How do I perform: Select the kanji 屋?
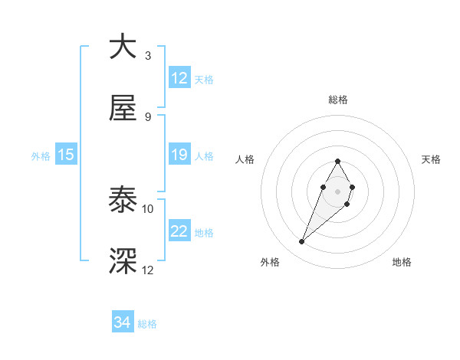pos(123,109)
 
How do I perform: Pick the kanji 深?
pos(123,260)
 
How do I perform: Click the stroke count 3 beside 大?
pos(148,56)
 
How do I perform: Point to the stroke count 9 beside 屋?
pos(148,117)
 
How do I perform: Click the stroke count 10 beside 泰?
pos(148,208)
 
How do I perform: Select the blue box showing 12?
pos(179,78)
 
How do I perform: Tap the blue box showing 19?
pos(179,155)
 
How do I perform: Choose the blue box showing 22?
pos(179,232)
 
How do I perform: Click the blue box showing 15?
pos(66,155)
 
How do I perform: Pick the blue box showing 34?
pos(123,323)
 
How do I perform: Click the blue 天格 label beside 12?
pos(204,79)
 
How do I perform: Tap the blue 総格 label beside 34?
pos(147,324)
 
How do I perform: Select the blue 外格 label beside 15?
pos(41,156)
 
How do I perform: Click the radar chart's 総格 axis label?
pos(337,100)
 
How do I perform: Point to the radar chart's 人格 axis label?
pos(245,159)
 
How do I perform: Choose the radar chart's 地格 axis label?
pos(402,262)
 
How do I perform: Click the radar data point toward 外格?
pos(302,242)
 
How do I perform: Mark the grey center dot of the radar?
pos(337,190)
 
